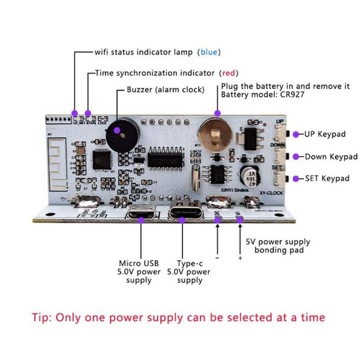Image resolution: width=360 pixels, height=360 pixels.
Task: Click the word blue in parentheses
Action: pos(209,52)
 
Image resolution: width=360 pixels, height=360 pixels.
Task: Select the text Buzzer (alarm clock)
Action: pos(165,89)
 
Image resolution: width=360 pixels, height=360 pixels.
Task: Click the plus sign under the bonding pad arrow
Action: pos(240,258)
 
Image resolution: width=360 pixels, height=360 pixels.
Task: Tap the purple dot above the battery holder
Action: pos(218,113)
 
